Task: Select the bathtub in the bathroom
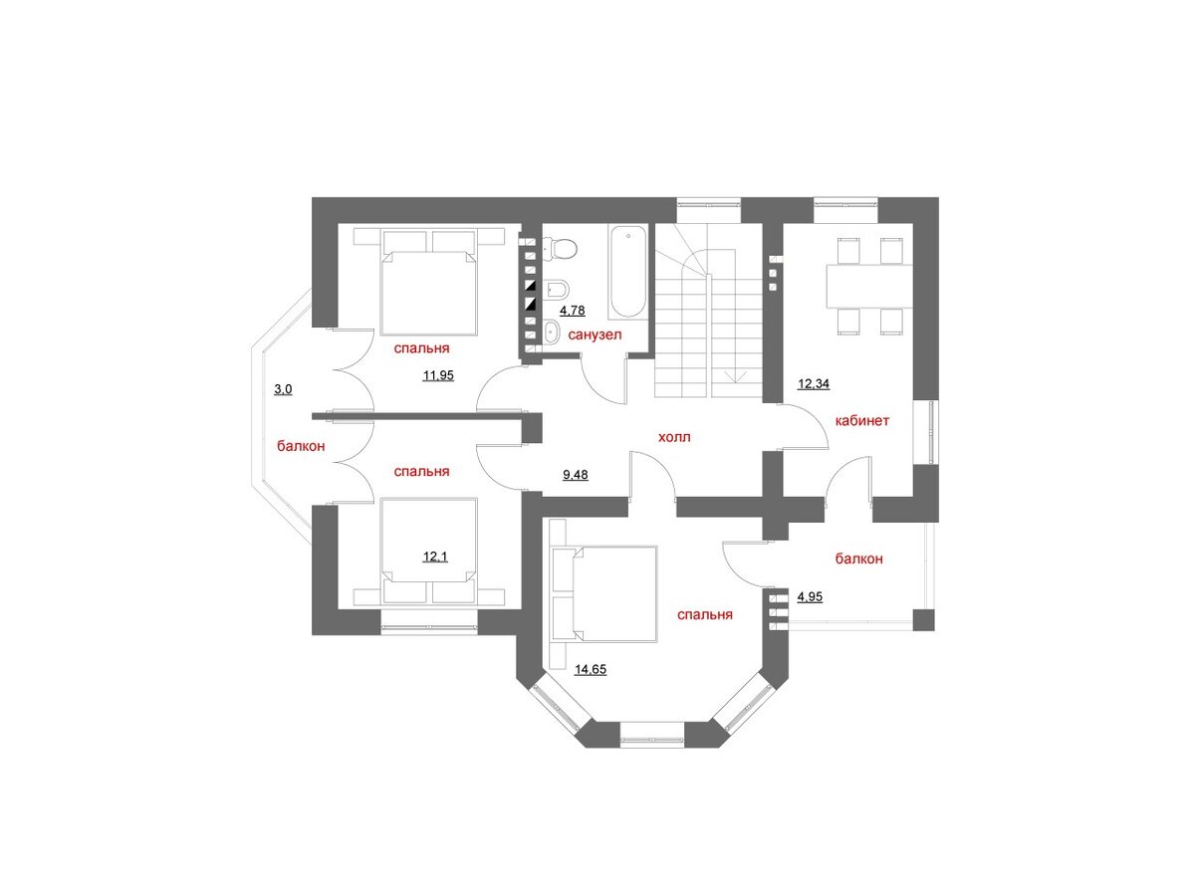[x=627, y=271]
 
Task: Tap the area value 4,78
[x=573, y=310]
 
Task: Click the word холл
[x=674, y=437]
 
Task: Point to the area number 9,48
[x=576, y=475]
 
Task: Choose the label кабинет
[x=861, y=420]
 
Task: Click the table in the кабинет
[x=868, y=286]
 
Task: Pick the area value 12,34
[x=814, y=384]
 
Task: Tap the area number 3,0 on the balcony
[x=283, y=389]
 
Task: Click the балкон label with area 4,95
[x=858, y=559]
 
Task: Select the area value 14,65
[x=591, y=669]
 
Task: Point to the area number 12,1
[x=435, y=557]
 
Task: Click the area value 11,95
[x=438, y=375]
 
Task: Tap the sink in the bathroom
[x=552, y=333]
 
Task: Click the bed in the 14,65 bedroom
[x=604, y=594]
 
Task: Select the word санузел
[x=595, y=335]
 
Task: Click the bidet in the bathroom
[x=556, y=290]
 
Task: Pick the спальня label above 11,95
[x=421, y=348]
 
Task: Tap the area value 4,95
[x=810, y=596]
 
